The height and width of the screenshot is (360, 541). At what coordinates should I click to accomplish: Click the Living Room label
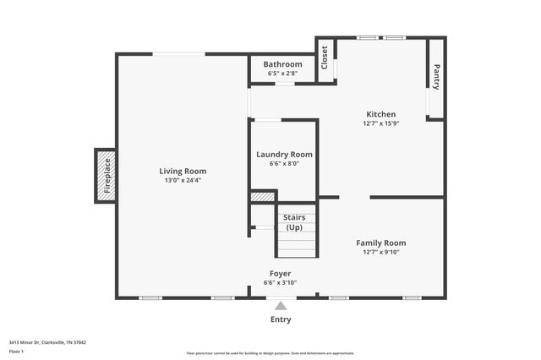pyautogui.click(x=183, y=171)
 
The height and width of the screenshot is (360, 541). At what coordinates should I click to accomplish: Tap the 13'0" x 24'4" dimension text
pyautogui.click(x=183, y=180)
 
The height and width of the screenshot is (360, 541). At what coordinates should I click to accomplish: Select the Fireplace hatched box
pyautogui.click(x=106, y=176)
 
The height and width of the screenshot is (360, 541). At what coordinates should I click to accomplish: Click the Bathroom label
pyautogui.click(x=282, y=64)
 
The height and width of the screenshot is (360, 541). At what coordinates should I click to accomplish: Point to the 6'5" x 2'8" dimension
pyautogui.click(x=282, y=74)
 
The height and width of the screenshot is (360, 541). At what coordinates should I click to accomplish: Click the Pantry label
pyautogui.click(x=437, y=77)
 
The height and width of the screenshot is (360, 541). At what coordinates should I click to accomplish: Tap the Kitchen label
pyautogui.click(x=380, y=114)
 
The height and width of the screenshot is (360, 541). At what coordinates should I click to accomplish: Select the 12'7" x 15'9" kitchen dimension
pyautogui.click(x=380, y=123)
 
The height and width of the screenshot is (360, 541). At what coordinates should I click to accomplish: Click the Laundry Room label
pyautogui.click(x=284, y=155)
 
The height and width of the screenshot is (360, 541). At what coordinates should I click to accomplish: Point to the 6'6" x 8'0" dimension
pyautogui.click(x=284, y=164)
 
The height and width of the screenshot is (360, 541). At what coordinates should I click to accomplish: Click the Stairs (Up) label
pyautogui.click(x=294, y=223)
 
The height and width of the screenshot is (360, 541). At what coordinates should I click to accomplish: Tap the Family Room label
pyautogui.click(x=380, y=243)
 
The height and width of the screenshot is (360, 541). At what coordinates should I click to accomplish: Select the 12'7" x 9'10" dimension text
pyautogui.click(x=380, y=252)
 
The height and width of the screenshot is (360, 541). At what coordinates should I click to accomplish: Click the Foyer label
pyautogui.click(x=281, y=273)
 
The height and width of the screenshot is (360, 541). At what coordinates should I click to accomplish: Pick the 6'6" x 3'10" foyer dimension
pyautogui.click(x=281, y=282)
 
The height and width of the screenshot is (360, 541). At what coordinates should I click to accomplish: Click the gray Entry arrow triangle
pyautogui.click(x=281, y=305)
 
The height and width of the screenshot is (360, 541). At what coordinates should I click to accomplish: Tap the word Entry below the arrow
pyautogui.click(x=281, y=319)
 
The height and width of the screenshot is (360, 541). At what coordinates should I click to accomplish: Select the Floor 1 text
pyautogui.click(x=17, y=351)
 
